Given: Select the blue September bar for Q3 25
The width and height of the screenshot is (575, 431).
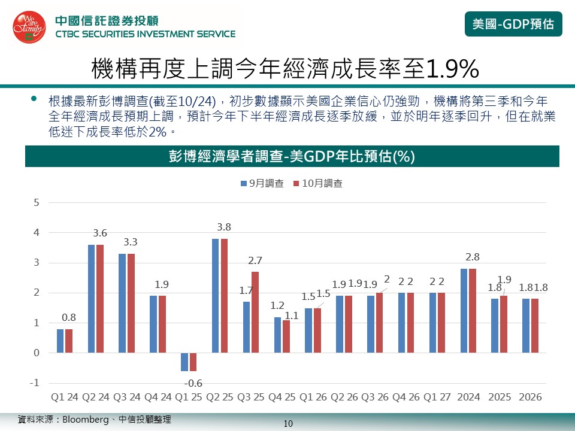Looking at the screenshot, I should tap(246, 327).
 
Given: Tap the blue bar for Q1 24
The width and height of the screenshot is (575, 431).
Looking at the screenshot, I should tap(60, 341).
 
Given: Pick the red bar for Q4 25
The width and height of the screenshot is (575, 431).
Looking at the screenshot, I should tap(286, 336).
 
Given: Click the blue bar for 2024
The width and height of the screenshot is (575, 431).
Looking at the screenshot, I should tap(464, 311).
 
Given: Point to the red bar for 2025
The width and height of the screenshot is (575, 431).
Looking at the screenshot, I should tap(504, 324).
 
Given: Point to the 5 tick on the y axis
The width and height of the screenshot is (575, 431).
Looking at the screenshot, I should tap(37, 202).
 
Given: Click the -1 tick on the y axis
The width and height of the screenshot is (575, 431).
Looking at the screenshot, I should tap(35, 383).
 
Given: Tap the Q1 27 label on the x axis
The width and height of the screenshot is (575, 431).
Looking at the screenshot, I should tap(437, 397).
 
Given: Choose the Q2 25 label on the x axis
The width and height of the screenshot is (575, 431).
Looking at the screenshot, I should tap(220, 397).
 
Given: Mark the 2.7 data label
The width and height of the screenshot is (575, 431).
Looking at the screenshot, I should tap(256, 260).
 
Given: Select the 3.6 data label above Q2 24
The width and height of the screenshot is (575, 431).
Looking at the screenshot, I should tap(100, 233).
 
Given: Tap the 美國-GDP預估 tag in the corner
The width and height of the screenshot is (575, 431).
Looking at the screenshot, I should tap(513, 24).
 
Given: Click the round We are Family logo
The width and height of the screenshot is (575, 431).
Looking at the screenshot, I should tap(29, 26).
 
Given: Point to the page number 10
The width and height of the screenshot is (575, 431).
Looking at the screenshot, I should tap(287, 424).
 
